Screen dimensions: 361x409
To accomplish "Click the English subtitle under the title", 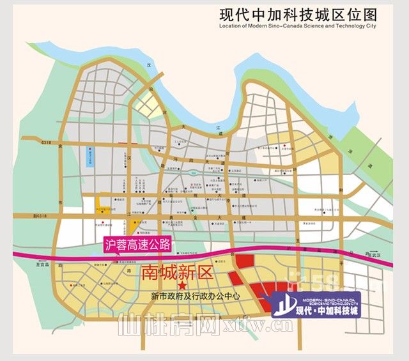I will [298, 27].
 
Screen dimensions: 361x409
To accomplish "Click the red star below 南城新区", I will [181, 285].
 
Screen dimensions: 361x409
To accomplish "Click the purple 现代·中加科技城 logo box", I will [315, 305].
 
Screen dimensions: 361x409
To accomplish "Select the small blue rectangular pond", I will [90, 157].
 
